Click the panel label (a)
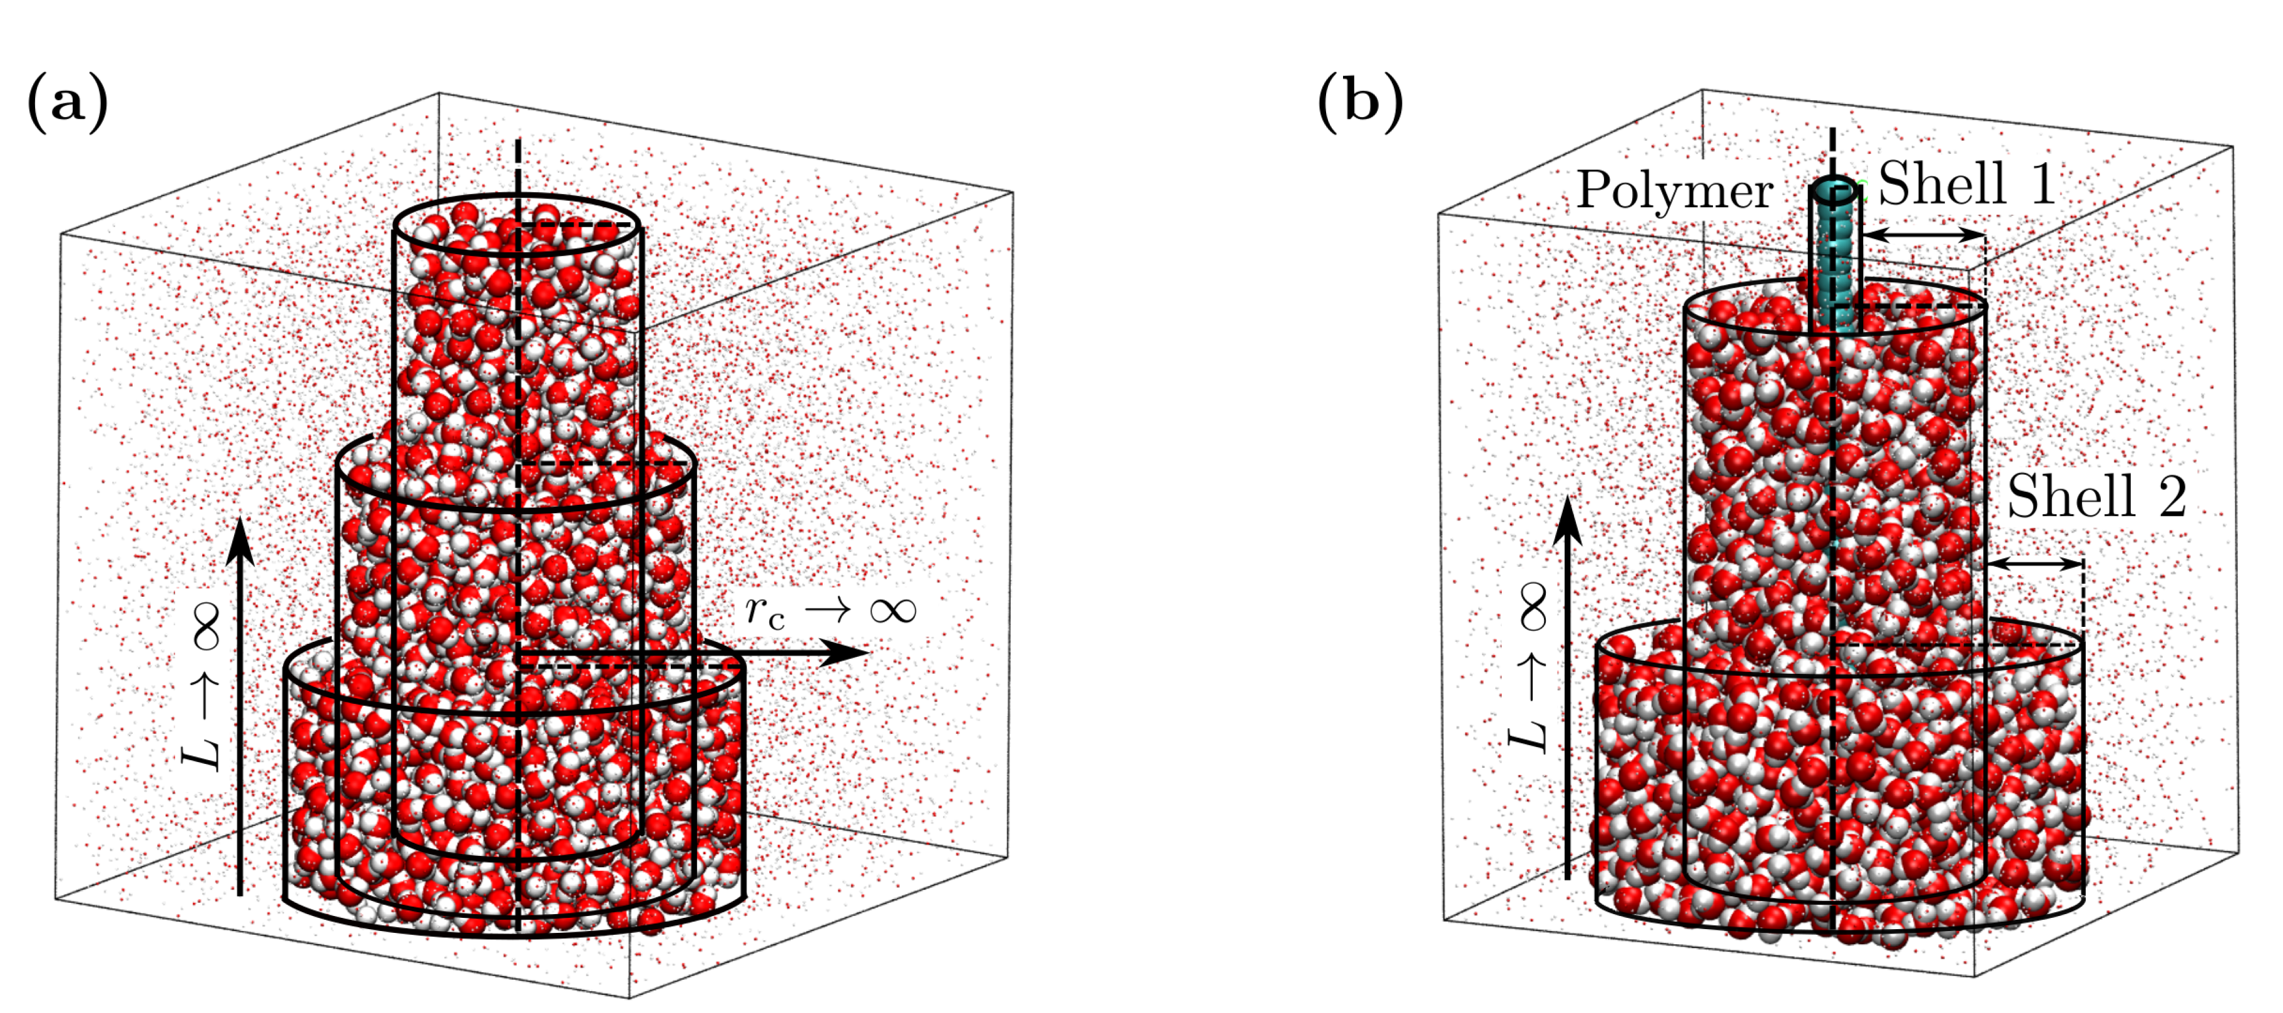(x=68, y=103)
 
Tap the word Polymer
(x=1674, y=191)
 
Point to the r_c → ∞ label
(x=830, y=611)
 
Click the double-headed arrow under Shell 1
(x=1924, y=235)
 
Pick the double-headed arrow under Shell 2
(x=2035, y=564)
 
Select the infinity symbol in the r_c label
(x=892, y=611)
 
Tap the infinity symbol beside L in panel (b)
(x=1531, y=606)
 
